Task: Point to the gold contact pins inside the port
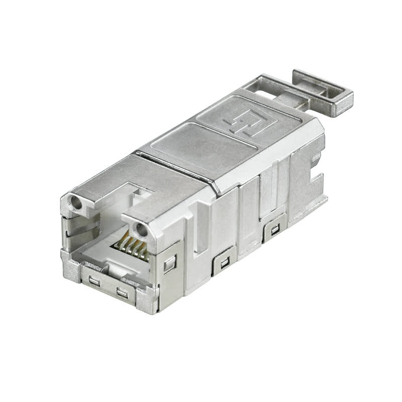(x=132, y=247)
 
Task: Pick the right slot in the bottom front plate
(x=122, y=293)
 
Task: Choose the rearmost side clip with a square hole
(x=274, y=231)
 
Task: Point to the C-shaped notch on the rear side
(x=315, y=176)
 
